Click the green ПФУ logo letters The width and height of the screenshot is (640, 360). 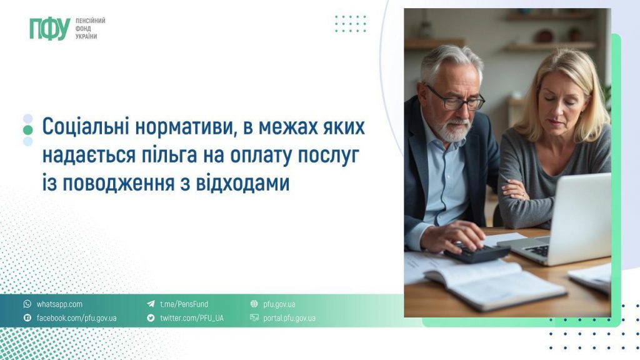pos(49,29)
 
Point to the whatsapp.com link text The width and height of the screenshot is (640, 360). pos(59,304)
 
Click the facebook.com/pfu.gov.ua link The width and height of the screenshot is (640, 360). pos(76,318)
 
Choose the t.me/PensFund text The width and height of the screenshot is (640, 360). pos(184,304)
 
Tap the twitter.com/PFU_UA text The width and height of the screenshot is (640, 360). pos(191,318)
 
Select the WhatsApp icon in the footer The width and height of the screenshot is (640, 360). pos(27,304)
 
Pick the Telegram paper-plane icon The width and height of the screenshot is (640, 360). pos(151,304)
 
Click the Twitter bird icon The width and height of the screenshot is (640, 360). pos(151,318)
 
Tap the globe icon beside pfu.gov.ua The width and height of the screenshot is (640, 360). pos(254,304)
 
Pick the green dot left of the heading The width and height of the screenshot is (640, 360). pos(27,130)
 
